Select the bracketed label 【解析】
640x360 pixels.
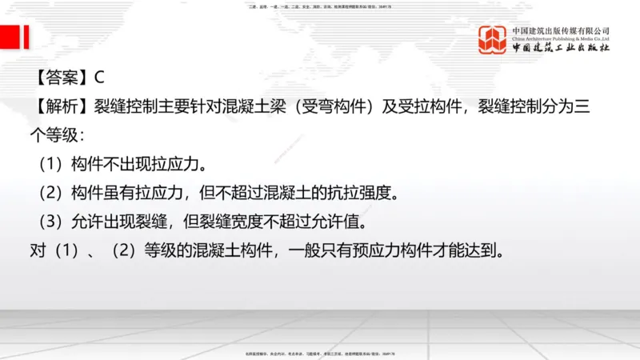pos(61,106)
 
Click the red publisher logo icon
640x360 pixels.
pos(493,40)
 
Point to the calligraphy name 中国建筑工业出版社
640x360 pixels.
pos(560,49)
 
